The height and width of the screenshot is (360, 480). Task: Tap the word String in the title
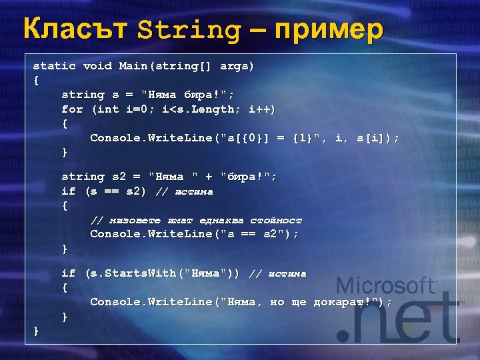[189, 31]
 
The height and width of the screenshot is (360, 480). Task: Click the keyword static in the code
[55, 66]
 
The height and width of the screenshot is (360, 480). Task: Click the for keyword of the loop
[72, 109]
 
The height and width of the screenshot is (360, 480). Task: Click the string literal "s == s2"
[259, 234]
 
